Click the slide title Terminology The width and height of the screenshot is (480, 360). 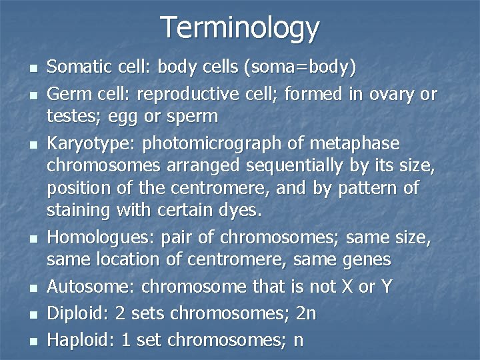(240, 28)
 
